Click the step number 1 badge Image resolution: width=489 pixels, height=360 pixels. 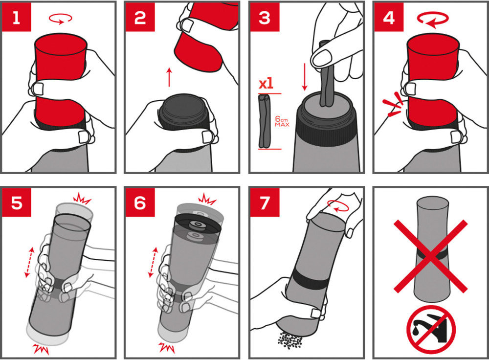coord(17,18)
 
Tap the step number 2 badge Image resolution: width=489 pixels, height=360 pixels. coord(140,18)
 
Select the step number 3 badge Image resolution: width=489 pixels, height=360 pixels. coord(265,18)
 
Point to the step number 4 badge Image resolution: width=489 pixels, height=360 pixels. coord(389,18)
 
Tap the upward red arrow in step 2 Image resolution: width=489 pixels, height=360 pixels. coord(169,77)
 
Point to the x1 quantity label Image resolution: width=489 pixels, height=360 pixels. coord(266,84)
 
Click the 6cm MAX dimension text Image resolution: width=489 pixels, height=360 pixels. coord(282,121)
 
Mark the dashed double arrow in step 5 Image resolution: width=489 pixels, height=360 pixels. coord(29,262)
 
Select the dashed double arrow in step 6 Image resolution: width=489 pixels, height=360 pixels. coord(153,262)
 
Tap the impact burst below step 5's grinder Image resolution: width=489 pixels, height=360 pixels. coord(41,348)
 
